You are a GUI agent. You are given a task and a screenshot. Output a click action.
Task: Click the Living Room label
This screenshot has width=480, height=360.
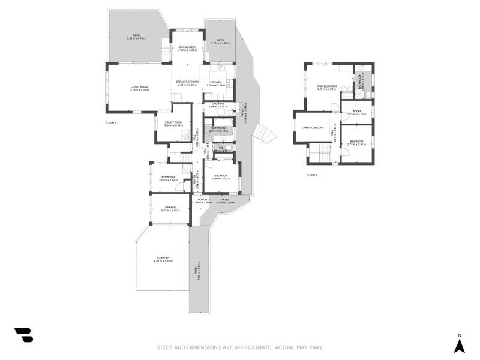tap(139, 87)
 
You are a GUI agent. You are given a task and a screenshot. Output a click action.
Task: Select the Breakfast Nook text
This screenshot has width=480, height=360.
tap(187, 82)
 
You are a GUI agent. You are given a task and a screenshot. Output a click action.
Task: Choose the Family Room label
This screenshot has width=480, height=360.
tap(174, 122)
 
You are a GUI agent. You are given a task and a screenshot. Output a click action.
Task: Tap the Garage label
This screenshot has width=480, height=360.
tap(170, 207)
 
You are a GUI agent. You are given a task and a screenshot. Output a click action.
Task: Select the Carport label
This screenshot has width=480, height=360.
tap(163, 258)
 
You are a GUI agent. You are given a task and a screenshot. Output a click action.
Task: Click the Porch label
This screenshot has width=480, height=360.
tap(202, 199)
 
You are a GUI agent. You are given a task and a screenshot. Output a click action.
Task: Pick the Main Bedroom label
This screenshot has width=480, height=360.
tap(326, 86)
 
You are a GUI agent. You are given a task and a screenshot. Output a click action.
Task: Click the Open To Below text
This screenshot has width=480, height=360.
tap(313, 128)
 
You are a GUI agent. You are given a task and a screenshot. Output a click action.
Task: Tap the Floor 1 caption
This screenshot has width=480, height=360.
tap(110, 122)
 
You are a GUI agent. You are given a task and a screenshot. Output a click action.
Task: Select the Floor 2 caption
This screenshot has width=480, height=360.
tap(312, 175)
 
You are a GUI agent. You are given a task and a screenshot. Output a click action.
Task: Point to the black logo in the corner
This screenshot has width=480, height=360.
tap(24, 335)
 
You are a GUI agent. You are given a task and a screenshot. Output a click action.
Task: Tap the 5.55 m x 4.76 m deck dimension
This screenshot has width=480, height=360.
tap(137, 38)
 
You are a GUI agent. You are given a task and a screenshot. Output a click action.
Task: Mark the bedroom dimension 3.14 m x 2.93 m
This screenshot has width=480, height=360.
tap(221, 179)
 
